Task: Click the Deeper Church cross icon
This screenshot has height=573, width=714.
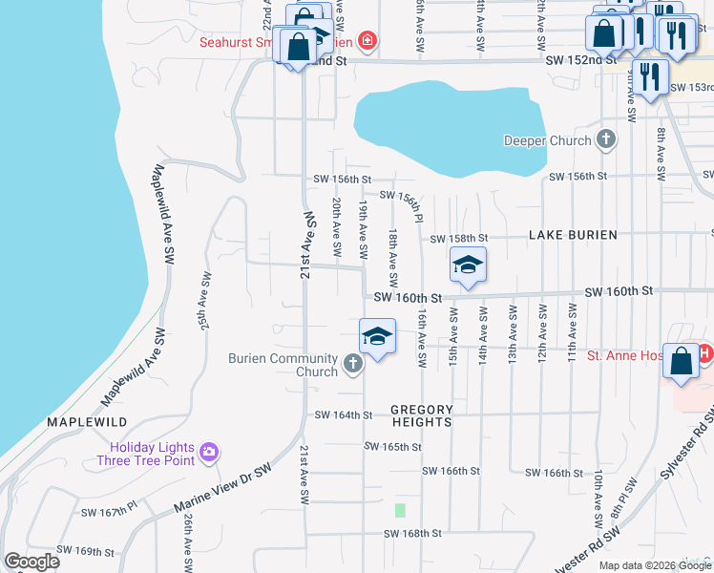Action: click(605, 141)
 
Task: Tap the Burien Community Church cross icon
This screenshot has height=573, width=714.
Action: click(353, 363)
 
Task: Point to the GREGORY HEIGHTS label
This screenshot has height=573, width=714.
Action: click(421, 415)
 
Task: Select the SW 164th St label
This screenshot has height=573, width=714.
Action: click(343, 414)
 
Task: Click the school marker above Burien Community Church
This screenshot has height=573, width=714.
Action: click(377, 336)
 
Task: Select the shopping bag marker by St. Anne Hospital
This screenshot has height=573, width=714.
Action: click(682, 362)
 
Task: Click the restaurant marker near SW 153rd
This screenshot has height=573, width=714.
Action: click(650, 75)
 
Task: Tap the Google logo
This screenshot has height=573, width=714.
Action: click(31, 562)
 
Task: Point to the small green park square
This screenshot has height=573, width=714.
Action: click(400, 510)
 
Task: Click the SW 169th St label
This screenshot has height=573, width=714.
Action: click(85, 551)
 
